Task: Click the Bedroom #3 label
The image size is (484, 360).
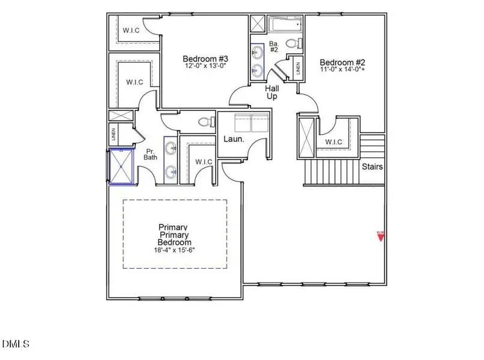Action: click(x=205, y=59)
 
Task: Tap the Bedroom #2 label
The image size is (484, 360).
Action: click(x=342, y=62)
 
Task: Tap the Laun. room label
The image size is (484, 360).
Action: click(x=234, y=139)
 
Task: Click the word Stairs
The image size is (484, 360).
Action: click(x=372, y=167)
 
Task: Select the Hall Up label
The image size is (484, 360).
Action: click(x=272, y=92)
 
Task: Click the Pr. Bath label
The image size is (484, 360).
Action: click(x=150, y=154)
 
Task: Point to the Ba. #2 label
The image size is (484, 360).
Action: click(x=274, y=46)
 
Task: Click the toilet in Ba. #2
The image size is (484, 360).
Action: click(x=292, y=43)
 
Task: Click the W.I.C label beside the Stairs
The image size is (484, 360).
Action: click(x=334, y=142)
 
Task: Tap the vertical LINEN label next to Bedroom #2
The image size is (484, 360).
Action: click(x=298, y=69)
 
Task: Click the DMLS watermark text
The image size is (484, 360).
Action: click(x=16, y=344)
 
